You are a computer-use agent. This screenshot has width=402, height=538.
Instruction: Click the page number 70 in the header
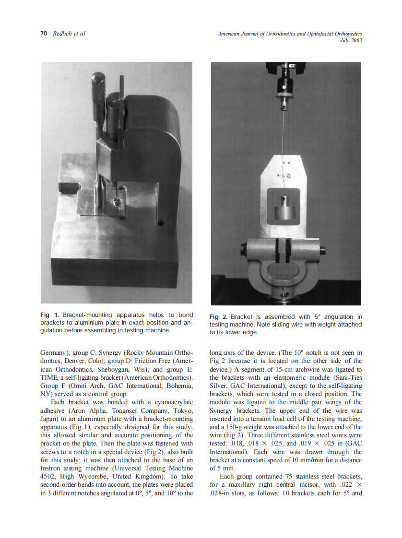pyautogui.click(x=44, y=34)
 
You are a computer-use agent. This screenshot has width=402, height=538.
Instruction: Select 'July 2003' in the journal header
pyautogui.click(x=350, y=41)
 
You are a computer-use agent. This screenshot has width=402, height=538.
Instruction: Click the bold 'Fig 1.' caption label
pyautogui.click(x=49, y=315)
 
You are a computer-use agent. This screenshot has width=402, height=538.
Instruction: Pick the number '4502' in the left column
pyautogui.click(x=48, y=476)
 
